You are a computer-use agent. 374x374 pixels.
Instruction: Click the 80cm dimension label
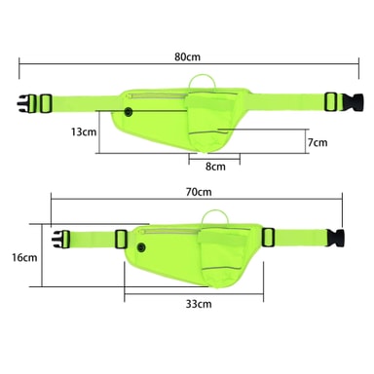point(187,56)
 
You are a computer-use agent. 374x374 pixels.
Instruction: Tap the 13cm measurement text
point(84,131)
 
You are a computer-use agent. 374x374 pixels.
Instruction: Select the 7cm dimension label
point(318,142)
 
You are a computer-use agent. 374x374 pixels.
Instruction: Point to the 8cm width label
point(215,167)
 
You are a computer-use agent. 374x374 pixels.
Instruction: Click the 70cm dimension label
point(199,192)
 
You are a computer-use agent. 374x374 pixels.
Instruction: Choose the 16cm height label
point(24,257)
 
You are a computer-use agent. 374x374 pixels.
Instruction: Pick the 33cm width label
point(199,304)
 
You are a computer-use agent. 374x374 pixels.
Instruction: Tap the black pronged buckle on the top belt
point(24,103)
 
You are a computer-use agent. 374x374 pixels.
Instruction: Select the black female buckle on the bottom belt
point(336,238)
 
